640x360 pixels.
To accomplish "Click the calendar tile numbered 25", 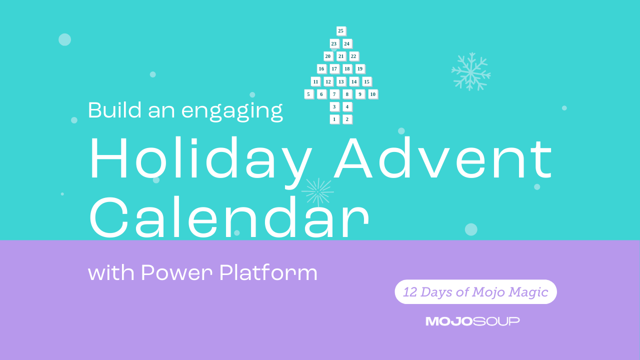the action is tap(341, 31).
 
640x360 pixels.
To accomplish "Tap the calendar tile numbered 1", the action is tap(334, 119).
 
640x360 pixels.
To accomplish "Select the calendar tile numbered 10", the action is tap(373, 94).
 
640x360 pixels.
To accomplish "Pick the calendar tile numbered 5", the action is tap(308, 94).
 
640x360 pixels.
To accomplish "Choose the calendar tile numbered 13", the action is tap(341, 81).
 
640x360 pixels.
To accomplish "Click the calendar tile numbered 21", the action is tap(341, 56).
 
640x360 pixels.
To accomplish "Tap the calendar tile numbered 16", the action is tap(321, 69).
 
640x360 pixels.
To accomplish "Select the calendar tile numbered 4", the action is tap(347, 107).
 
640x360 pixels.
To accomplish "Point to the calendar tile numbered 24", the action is tap(347, 43).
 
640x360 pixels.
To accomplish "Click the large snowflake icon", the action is tap(471, 71).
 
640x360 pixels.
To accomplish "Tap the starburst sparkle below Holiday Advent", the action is tap(317, 192).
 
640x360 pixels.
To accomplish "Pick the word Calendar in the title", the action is tap(229, 217).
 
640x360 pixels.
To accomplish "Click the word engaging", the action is tap(232, 111).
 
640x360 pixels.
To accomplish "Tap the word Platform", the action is tap(268, 272).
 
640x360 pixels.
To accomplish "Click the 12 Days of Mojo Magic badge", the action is tap(475, 291).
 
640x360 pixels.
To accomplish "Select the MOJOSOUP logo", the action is tap(472, 321).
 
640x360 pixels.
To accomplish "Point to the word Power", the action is tap(177, 272).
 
